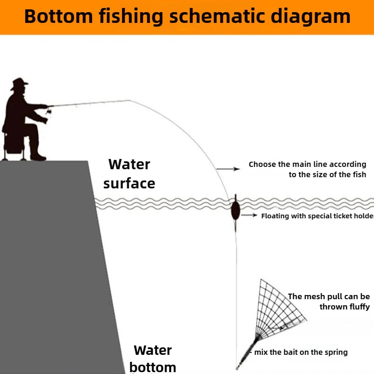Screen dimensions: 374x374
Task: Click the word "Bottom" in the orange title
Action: coord(58,16)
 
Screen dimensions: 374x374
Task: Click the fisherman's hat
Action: coord(19,84)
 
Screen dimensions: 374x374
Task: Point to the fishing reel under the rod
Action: coord(49,110)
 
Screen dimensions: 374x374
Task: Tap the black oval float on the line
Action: coord(236,210)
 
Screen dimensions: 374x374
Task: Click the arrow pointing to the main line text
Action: coord(228,169)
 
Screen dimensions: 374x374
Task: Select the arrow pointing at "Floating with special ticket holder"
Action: coord(249,215)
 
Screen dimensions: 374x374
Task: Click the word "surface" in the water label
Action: coord(129,183)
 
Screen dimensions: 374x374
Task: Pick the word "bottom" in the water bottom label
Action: coord(153,367)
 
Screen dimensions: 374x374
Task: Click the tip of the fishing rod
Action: coord(129,101)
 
